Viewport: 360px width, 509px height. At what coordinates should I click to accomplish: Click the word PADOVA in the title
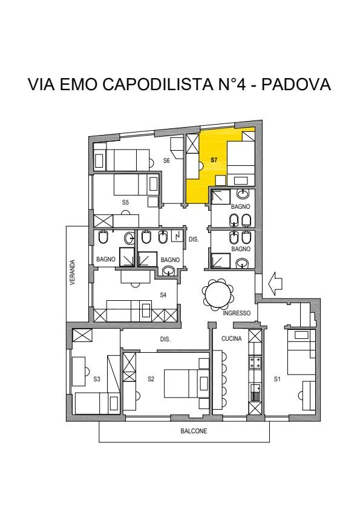tap(296, 84)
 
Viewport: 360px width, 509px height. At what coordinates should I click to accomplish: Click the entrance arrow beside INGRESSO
tap(276, 284)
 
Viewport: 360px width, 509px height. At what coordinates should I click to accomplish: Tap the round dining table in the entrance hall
tap(218, 294)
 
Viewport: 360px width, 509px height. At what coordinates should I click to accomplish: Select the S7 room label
tap(214, 160)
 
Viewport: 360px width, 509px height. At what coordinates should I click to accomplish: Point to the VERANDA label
tap(73, 272)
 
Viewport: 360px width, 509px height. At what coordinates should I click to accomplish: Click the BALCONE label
tap(194, 431)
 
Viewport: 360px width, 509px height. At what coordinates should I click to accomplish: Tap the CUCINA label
tap(232, 338)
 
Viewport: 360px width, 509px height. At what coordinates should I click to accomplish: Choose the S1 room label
tap(277, 379)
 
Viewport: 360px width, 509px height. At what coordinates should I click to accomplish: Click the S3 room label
tap(97, 379)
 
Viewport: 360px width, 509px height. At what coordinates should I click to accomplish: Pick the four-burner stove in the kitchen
tap(255, 363)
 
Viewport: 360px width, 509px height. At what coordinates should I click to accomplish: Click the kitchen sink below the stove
tap(255, 392)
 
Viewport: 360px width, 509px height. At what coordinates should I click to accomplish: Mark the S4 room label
tap(163, 295)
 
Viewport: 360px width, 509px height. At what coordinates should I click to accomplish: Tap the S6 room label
tap(166, 160)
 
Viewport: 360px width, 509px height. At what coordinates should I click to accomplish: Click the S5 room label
tap(125, 202)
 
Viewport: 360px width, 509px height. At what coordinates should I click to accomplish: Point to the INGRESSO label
tap(237, 313)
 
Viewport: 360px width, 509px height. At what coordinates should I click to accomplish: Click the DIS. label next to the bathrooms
tap(194, 240)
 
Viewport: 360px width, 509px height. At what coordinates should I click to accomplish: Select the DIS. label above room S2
tap(165, 339)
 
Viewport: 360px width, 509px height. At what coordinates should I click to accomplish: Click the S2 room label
tap(151, 379)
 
